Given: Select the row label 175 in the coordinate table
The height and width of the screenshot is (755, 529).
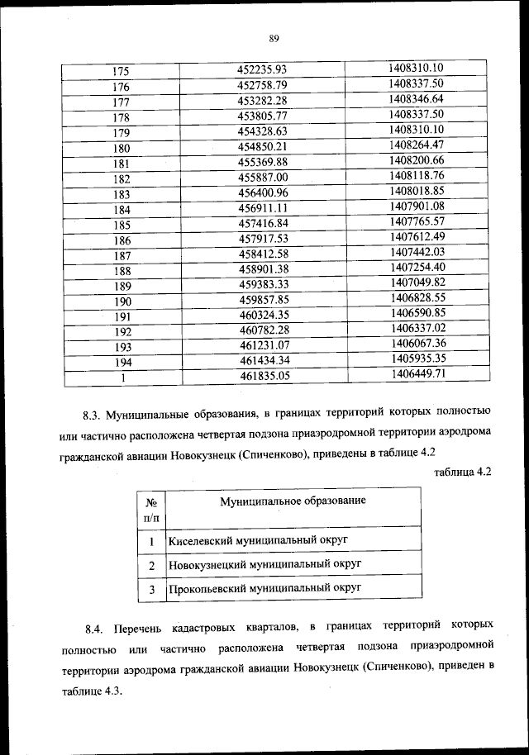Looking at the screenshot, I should click(121, 71).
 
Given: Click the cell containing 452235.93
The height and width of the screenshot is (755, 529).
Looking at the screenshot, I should click(261, 70).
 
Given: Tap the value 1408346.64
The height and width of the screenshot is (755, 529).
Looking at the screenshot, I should click(417, 98).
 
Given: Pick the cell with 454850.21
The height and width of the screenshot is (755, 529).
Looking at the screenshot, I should click(261, 147).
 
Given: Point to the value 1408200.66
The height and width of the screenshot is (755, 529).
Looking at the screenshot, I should click(417, 159).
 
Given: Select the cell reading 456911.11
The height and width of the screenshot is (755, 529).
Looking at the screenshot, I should click(261, 208).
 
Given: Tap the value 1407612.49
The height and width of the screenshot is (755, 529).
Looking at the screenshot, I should click(417, 236).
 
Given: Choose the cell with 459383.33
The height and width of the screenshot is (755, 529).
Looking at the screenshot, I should click(261, 285).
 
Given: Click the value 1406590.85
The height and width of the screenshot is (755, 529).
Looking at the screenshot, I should click(417, 312).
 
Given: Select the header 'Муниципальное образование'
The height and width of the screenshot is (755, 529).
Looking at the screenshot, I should click(293, 501).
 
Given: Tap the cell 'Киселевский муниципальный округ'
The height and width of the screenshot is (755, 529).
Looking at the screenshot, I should click(256, 539).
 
